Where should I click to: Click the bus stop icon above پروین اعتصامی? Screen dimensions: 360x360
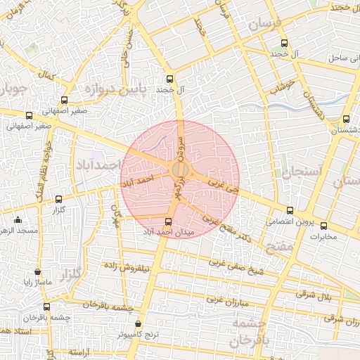(290, 210)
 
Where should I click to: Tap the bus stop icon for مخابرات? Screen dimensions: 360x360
(324, 226)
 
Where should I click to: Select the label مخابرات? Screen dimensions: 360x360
(324, 236)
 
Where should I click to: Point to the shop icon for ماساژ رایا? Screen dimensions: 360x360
(37, 271)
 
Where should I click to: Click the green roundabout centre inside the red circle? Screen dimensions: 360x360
(180, 169)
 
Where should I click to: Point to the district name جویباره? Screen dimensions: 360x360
(13, 90)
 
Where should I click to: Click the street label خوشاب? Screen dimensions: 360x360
(284, 85)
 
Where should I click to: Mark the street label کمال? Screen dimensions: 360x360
(49, 75)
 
